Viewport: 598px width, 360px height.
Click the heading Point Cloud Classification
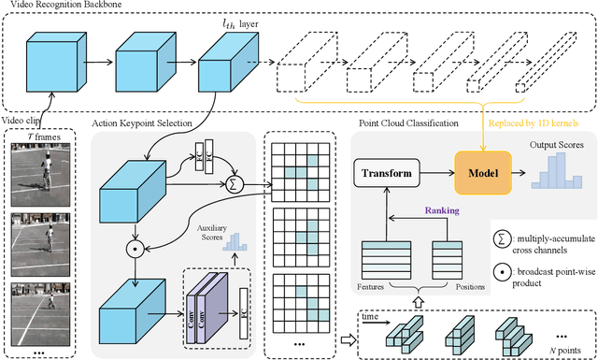(x=409, y=123)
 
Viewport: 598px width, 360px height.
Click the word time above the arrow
(x=371, y=317)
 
